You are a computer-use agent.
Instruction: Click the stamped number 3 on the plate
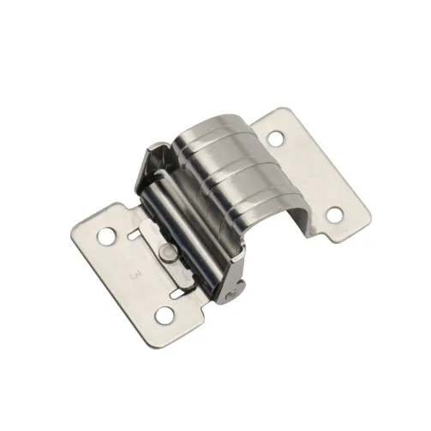coord(134,276)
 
